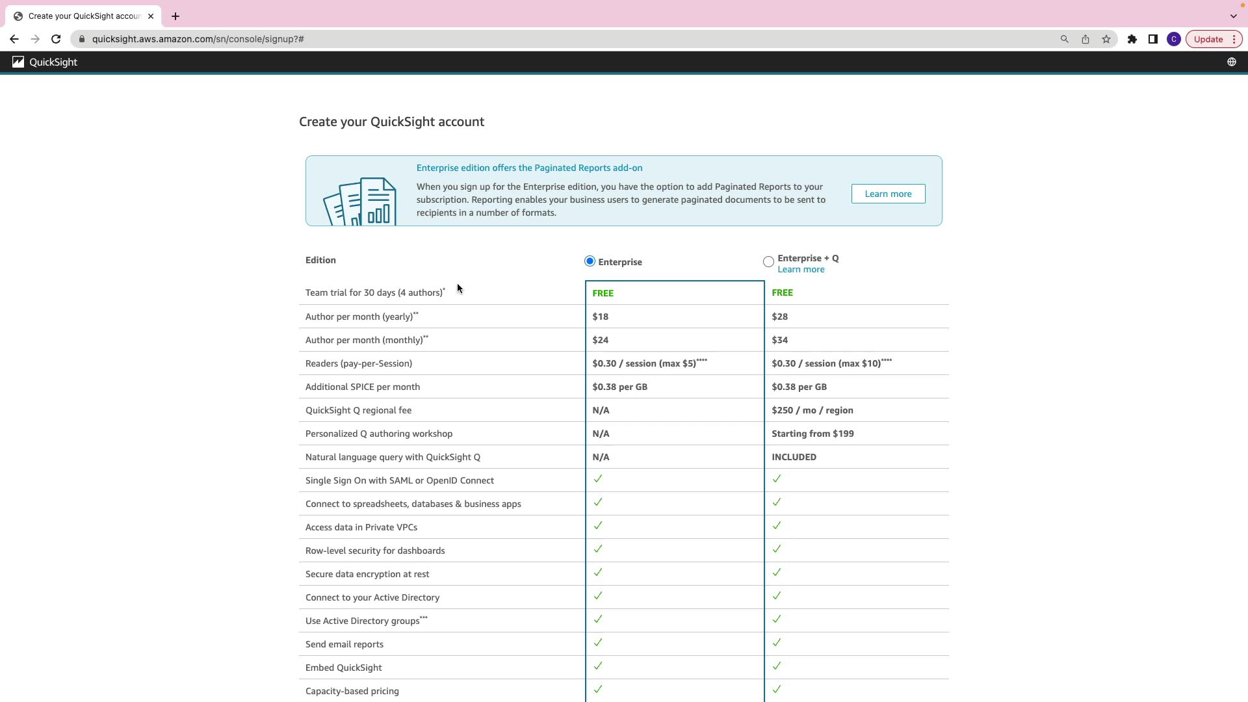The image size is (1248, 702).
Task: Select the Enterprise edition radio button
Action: (590, 261)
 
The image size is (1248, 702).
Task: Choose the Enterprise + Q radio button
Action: (768, 262)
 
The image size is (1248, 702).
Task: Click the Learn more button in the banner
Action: (888, 194)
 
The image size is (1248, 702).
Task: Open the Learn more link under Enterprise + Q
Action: (801, 270)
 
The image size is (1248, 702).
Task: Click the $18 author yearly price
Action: (600, 317)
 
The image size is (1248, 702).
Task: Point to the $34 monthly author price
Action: (779, 340)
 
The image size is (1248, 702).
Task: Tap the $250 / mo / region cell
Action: (812, 410)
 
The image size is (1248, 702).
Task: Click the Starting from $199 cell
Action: (812, 434)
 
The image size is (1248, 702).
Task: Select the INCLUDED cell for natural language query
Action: (794, 457)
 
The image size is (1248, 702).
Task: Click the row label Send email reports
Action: (344, 644)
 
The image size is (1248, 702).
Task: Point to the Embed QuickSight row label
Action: (344, 668)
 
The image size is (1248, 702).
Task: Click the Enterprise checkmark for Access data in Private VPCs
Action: (598, 525)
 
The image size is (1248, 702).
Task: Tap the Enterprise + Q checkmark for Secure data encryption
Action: (777, 572)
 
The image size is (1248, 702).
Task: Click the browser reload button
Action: (56, 39)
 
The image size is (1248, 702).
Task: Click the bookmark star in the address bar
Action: (1106, 39)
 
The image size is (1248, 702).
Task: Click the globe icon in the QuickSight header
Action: (1231, 62)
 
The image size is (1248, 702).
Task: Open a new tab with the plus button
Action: (175, 16)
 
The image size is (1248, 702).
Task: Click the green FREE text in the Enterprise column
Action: (603, 293)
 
